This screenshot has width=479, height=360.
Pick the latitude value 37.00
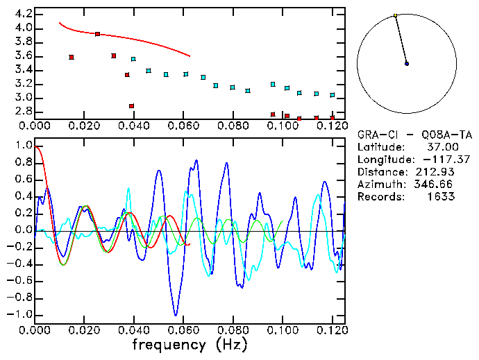coord(441,147)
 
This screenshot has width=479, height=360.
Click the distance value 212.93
coord(436,172)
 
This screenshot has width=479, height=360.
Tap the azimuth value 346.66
coord(436,185)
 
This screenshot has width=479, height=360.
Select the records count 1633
coord(441,197)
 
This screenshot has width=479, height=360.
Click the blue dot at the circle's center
coord(407,63)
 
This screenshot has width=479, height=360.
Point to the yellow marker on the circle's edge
coord(395,15)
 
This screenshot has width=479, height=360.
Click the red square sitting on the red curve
coord(97,33)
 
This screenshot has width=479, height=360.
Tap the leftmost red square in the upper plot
coord(72,57)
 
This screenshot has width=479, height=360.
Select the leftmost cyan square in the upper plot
coord(133,59)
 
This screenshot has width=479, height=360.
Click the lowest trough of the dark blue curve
coord(176,315)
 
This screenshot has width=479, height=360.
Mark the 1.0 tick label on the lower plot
coord(23,146)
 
